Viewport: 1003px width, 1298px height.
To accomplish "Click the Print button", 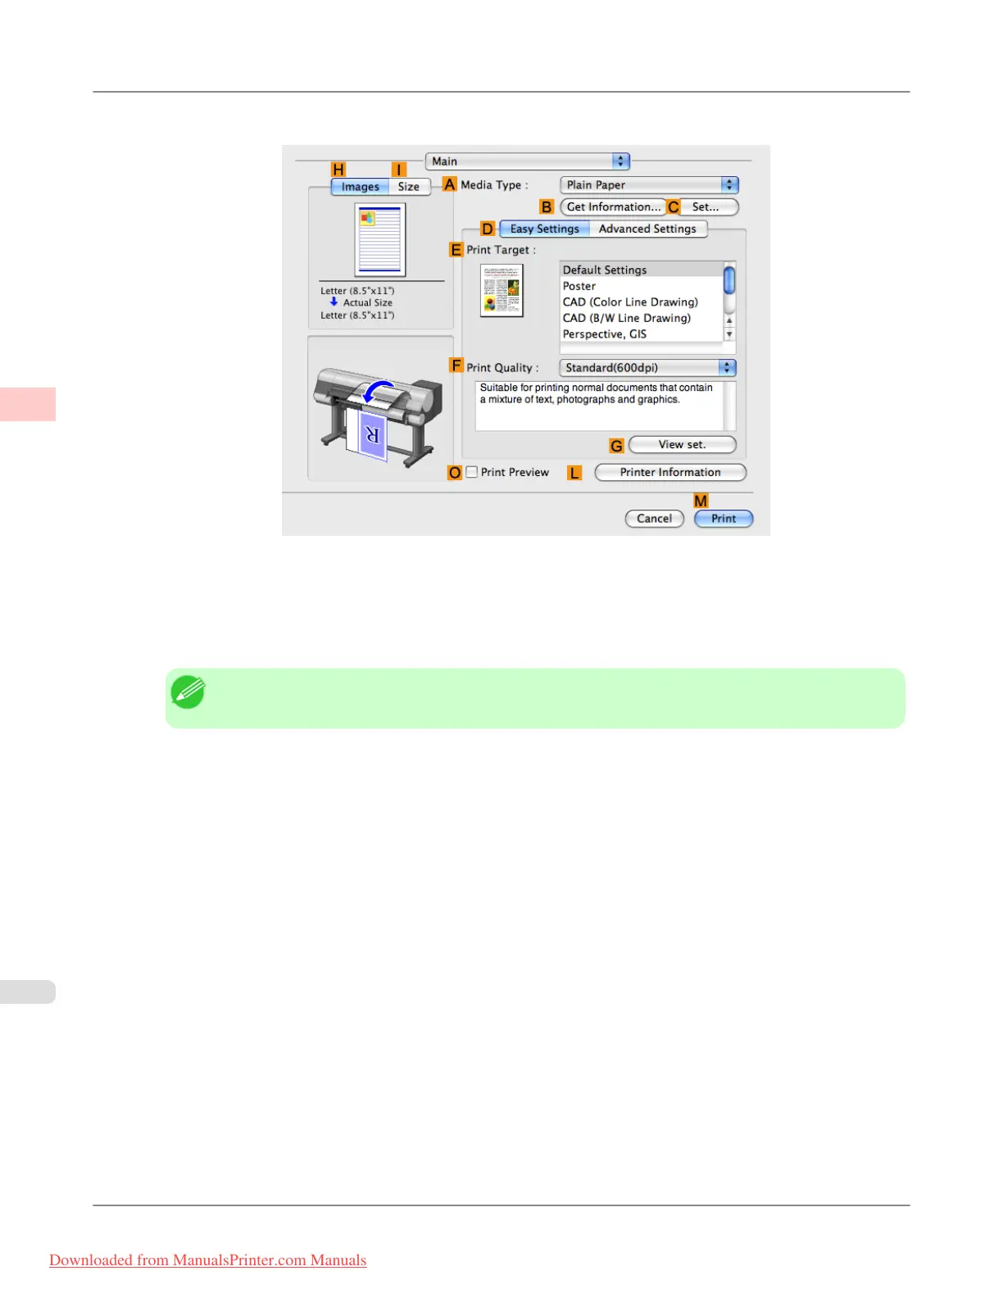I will click(723, 519).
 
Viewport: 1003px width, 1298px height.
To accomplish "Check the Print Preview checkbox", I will click(472, 472).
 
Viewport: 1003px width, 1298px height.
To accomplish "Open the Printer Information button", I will click(669, 473).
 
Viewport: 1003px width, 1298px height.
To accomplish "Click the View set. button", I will click(682, 445).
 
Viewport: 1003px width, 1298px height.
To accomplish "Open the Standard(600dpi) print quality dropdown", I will click(647, 368).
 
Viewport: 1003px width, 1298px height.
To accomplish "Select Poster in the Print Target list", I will click(579, 286).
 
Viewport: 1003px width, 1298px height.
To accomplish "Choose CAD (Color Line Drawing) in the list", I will click(630, 302).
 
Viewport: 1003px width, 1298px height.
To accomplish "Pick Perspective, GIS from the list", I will click(605, 334).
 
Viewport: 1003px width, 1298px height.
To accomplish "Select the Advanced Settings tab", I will click(647, 229).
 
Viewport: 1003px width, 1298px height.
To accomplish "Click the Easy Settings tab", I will click(544, 229).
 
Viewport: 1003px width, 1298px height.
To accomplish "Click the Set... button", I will click(706, 207).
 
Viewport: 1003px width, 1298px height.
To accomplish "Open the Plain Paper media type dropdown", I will click(649, 185).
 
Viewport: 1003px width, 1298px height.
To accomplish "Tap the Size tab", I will click(408, 187).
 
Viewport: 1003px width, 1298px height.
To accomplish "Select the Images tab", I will click(360, 187).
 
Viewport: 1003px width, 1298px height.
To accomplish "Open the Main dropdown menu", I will click(527, 161).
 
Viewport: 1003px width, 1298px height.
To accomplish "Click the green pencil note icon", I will click(188, 692).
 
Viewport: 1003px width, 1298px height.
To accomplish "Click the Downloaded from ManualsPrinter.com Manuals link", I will click(208, 1260).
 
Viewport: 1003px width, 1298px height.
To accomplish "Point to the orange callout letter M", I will click(701, 501).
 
